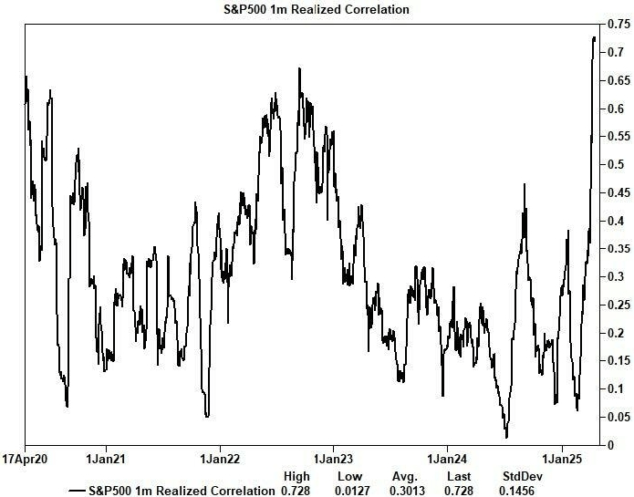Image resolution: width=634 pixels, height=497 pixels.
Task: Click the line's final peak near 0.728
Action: tap(595, 37)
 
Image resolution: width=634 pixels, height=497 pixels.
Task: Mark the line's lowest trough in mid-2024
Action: tap(506, 437)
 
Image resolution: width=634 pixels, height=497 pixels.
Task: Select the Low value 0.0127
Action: tap(350, 491)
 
